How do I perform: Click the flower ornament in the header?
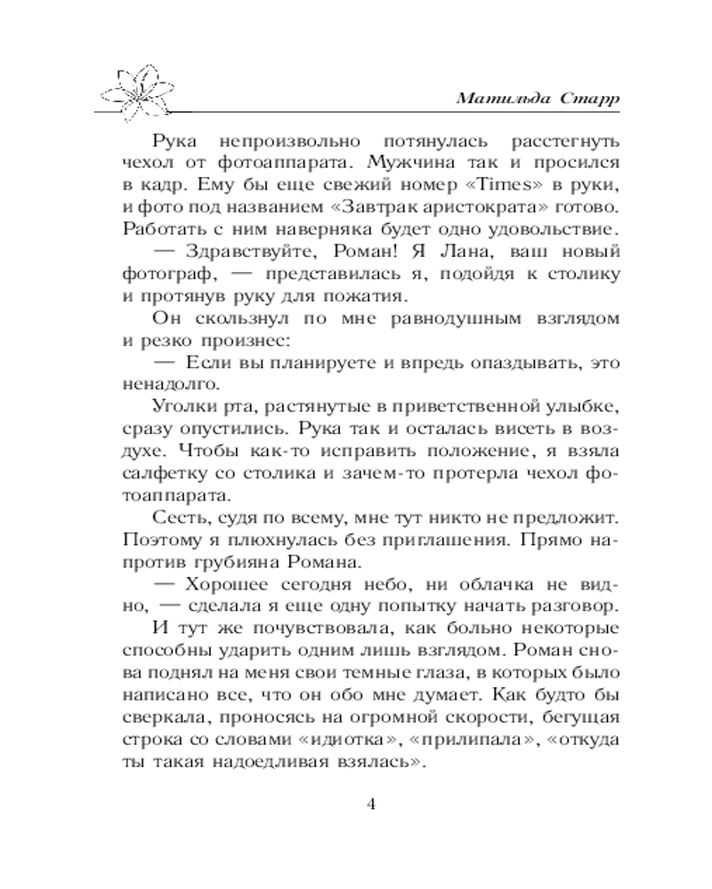tap(142, 94)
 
